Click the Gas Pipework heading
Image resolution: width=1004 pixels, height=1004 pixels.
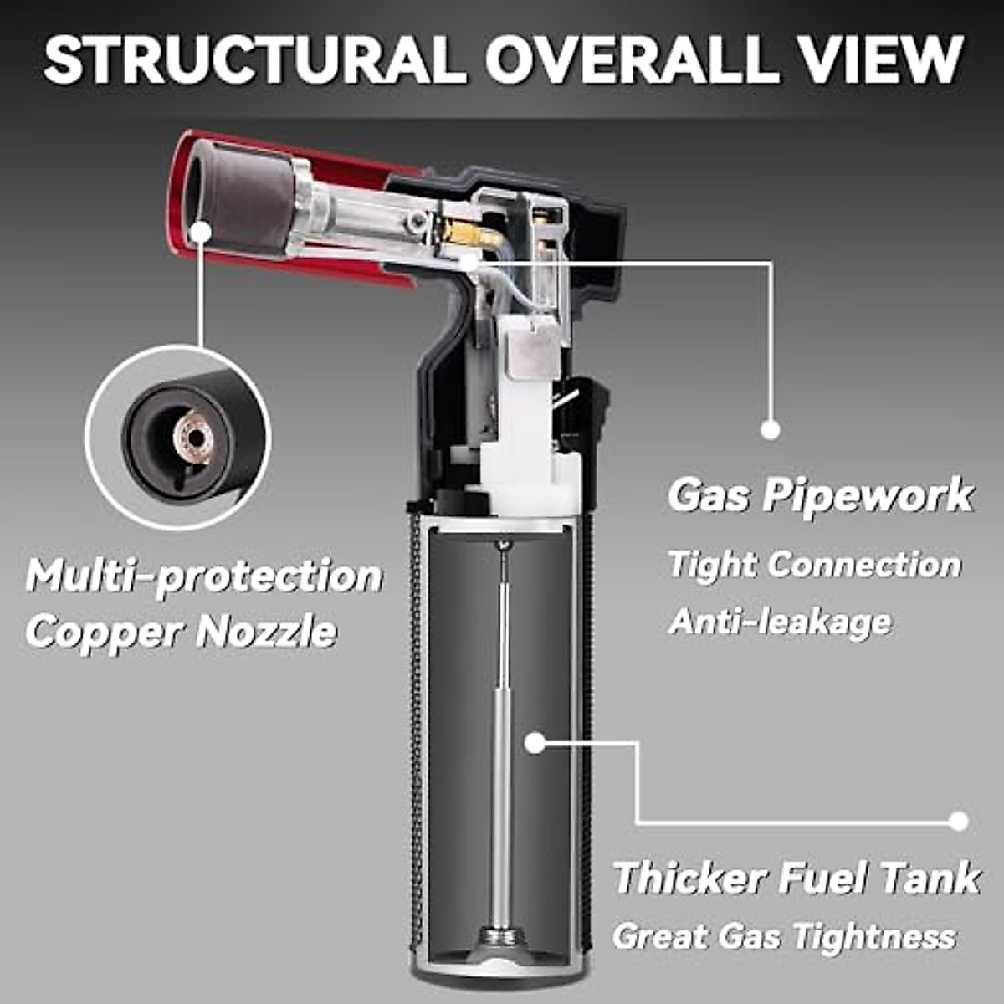pos(820,495)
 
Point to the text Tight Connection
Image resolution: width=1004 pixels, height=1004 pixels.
pos(814,564)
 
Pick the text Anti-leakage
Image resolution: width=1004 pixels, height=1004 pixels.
pos(780,622)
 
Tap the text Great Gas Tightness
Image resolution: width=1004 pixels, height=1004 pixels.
pos(784,935)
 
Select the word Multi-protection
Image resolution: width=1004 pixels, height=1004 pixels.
pos(204,576)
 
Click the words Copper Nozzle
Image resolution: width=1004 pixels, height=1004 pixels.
pos(181,632)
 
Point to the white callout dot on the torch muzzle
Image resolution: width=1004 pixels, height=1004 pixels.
pos(201,231)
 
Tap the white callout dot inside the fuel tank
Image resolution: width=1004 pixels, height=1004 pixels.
pos(535,741)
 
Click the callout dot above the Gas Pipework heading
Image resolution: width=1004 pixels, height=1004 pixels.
pos(771,429)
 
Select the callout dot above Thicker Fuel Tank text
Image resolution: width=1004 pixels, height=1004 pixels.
pos(959,820)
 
